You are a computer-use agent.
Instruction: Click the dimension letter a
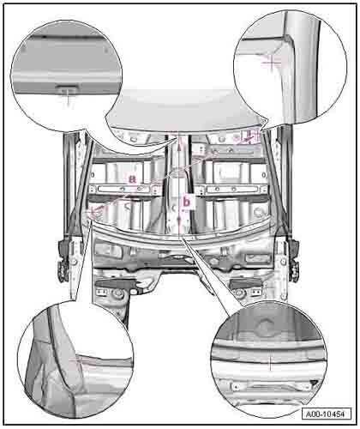[x=132, y=179]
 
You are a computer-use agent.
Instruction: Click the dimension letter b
[x=186, y=202]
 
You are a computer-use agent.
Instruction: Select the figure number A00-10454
[x=326, y=414]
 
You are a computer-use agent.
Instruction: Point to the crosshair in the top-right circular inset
[x=272, y=62]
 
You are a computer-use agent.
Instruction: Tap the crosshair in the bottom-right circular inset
[x=270, y=363]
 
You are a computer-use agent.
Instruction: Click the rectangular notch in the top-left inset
[x=68, y=87]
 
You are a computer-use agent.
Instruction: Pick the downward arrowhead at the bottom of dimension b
[x=179, y=221]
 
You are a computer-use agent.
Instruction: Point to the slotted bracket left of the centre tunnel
[x=123, y=189]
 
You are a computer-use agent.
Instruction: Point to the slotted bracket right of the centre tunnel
[x=233, y=189]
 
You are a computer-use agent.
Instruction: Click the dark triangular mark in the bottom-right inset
[x=314, y=382]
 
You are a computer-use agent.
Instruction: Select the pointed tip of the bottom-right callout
[x=183, y=238]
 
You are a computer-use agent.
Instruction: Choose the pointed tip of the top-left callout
[x=177, y=136]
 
